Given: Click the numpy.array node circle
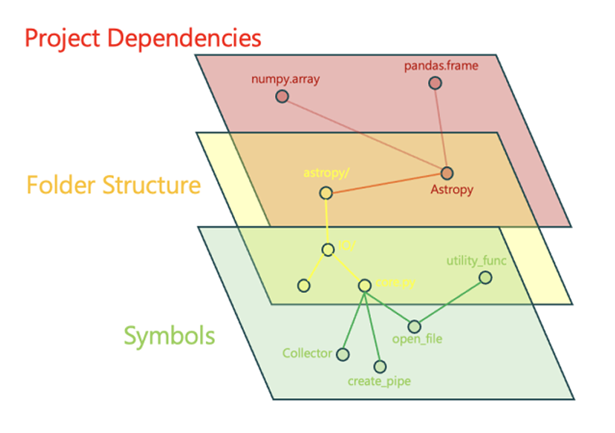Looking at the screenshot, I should pos(282,97).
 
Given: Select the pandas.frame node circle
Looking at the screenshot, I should pos(435,83).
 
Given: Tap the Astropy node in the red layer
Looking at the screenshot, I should pos(447,173).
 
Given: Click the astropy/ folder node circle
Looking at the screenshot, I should pos(326,193).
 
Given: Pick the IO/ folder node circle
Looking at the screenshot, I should pos(328,250).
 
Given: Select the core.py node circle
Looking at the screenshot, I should pos(364,285).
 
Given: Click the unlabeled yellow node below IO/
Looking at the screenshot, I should pos(304,286).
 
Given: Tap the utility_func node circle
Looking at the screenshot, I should pos(486,278).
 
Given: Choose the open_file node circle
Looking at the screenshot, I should pos(414,326).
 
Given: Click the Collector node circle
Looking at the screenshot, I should pos(342,354).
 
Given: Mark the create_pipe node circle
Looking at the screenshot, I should pos(379,367).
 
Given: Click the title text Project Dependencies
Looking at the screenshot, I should pos(142,38).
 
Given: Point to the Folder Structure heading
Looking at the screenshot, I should pos(113,185).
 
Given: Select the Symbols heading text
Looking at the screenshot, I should pos(169,335).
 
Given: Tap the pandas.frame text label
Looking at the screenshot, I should pos(435,64).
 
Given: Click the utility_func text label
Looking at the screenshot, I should pos(476,260).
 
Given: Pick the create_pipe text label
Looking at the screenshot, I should pos(379,381).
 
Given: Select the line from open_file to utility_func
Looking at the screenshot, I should pos(450,302).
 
